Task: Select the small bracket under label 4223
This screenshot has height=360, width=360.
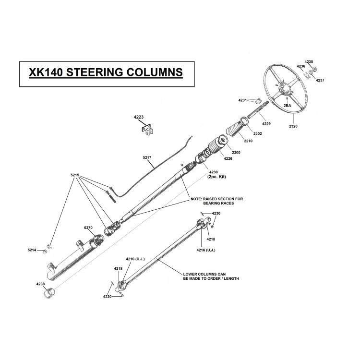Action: [147, 130]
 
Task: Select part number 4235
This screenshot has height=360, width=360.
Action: [309, 62]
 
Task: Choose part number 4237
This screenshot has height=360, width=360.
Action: [320, 80]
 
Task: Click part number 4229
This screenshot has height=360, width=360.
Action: [266, 124]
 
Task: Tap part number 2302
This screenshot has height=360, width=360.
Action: [257, 133]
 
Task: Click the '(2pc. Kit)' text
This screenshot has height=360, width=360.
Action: [216, 177]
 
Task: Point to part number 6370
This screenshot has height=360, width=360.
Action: [88, 227]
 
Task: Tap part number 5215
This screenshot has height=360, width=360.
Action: [74, 176]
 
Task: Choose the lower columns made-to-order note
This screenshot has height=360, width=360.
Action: [211, 276]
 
